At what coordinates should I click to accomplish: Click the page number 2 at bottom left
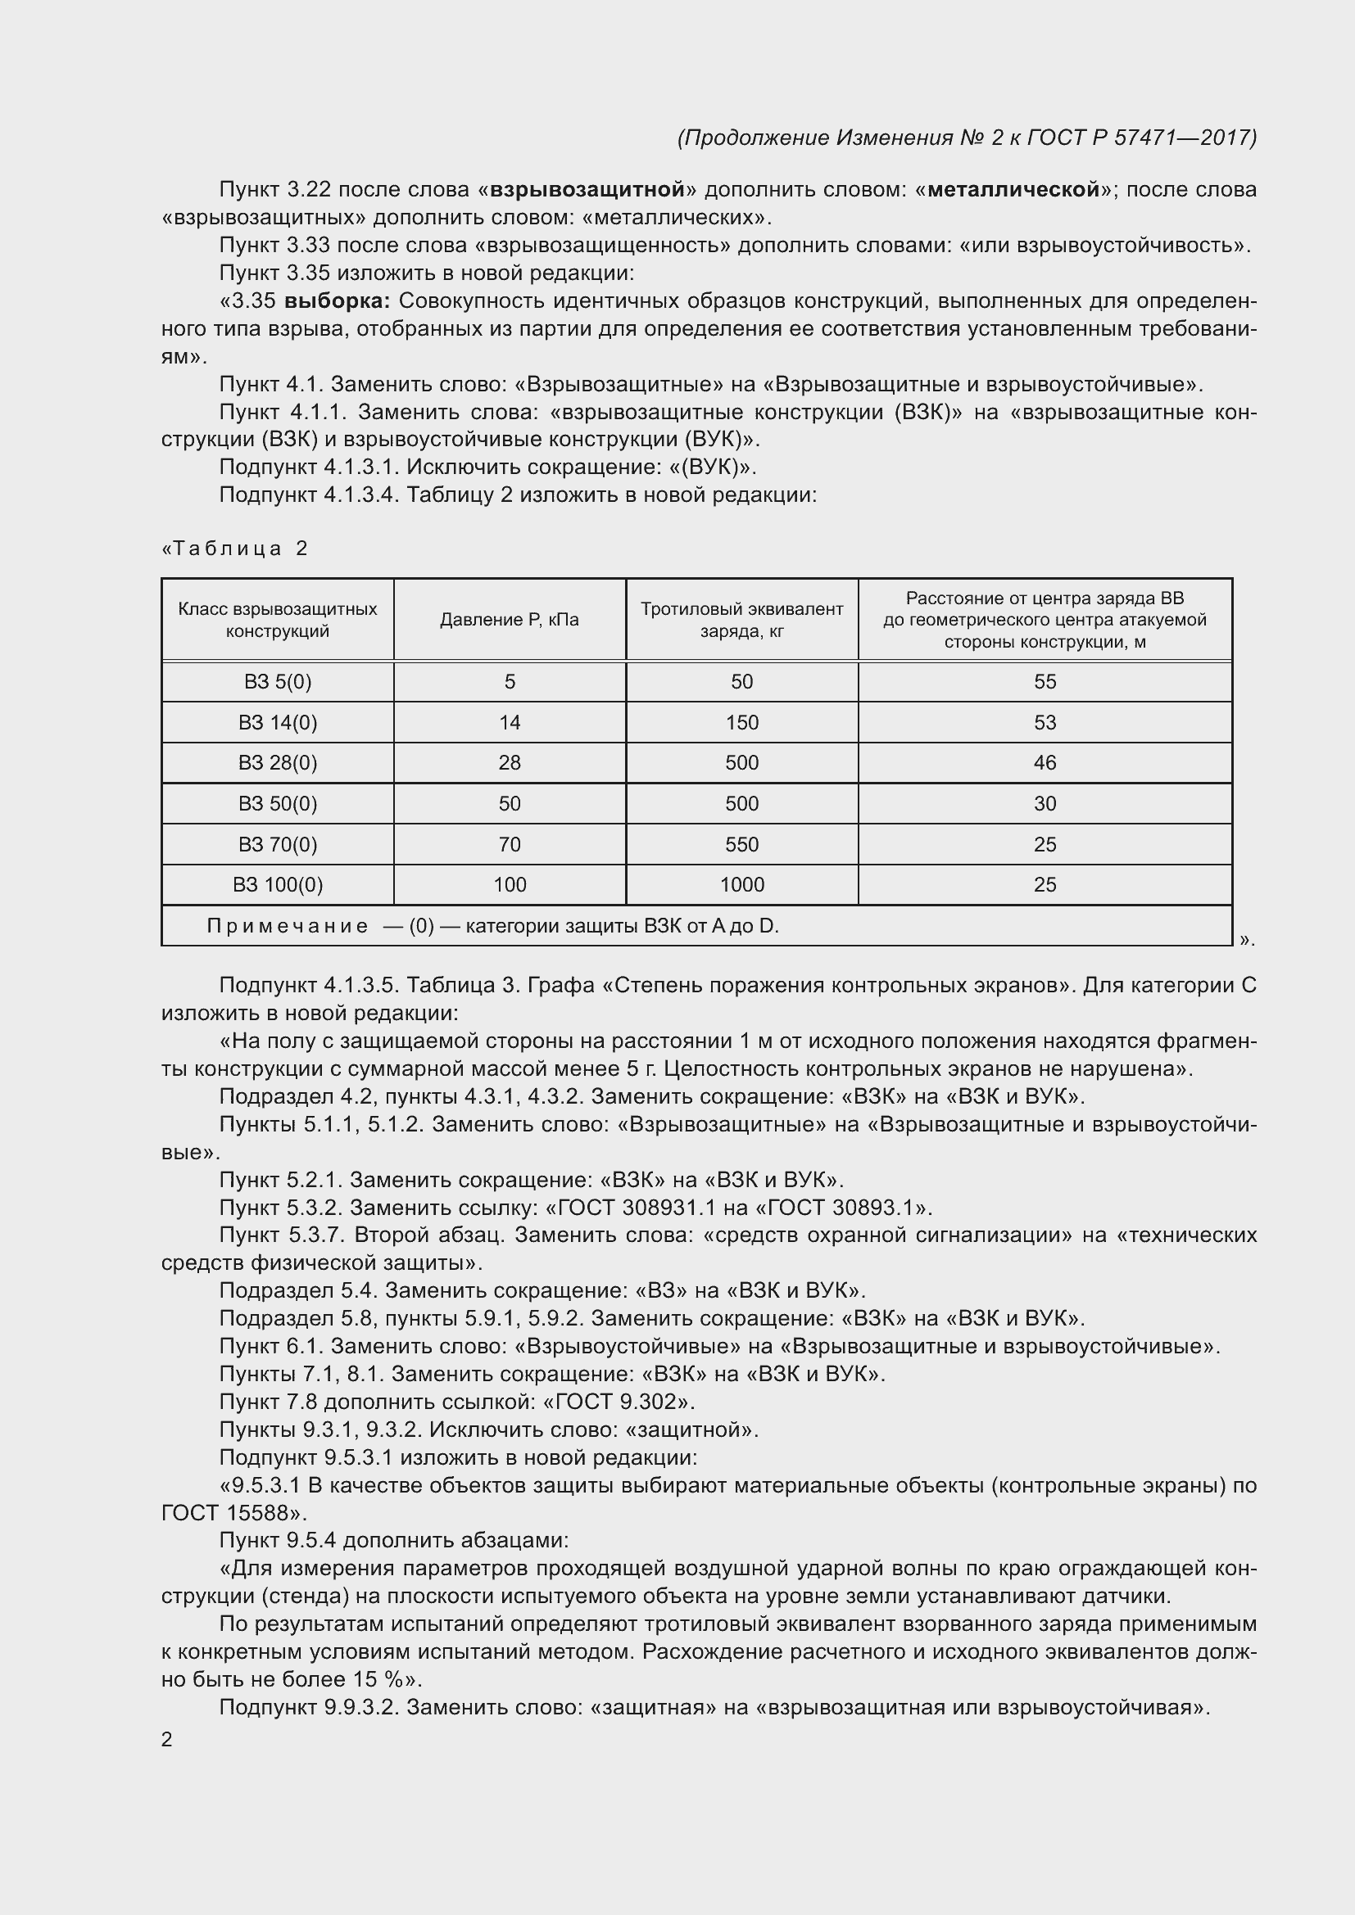coord(167,1740)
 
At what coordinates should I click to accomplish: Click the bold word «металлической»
coord(1013,190)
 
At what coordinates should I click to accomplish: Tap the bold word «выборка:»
coord(337,301)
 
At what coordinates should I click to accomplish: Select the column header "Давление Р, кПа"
coord(509,620)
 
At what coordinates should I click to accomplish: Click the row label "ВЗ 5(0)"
coord(277,682)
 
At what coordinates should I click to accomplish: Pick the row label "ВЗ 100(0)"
coord(277,885)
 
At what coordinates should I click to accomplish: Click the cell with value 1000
coord(741,885)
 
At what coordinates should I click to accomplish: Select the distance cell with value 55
coord(1045,682)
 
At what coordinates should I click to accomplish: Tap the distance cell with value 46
coord(1045,763)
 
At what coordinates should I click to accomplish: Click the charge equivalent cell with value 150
coord(741,723)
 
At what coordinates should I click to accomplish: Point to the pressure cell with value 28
coord(509,763)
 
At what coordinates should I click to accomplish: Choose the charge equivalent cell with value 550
coord(741,845)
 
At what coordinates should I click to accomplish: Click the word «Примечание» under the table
coord(287,927)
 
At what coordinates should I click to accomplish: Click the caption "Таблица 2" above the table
coord(236,549)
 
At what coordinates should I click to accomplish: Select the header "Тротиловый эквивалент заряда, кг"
coord(741,620)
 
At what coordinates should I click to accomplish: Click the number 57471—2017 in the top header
coord(1183,138)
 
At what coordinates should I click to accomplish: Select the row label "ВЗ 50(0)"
coord(277,804)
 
